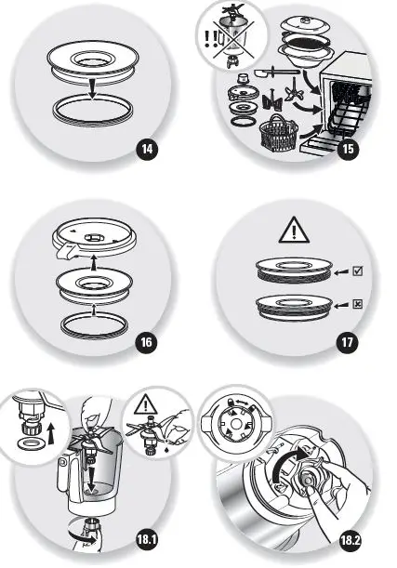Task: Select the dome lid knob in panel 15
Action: (x=306, y=11)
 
